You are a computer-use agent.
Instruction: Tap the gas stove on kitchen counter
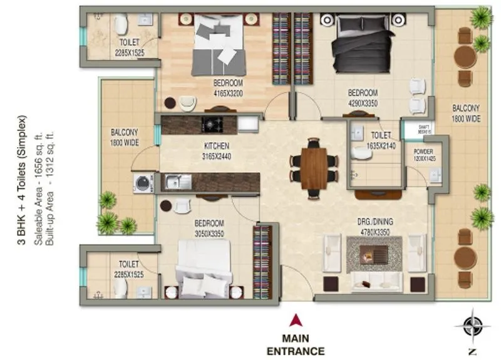point(213,123)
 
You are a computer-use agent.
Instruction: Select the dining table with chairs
point(314,164)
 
